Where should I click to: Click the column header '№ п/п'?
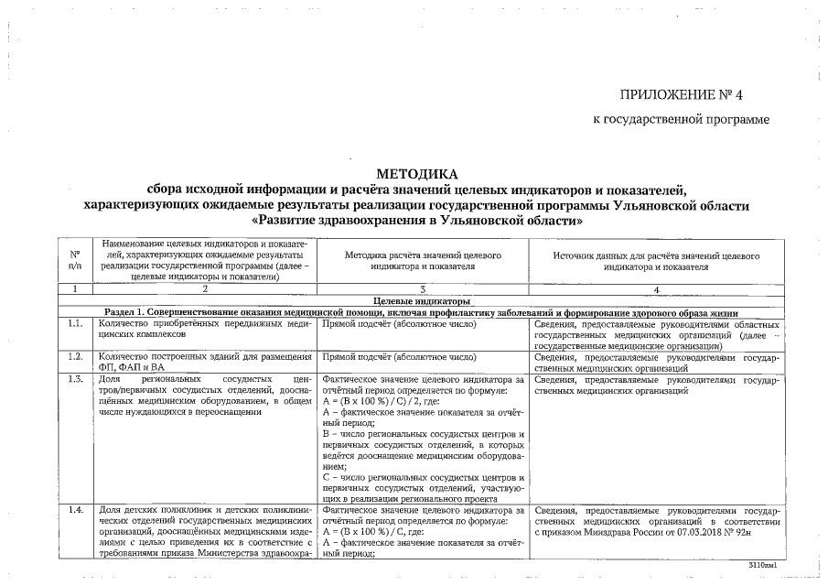(x=75, y=259)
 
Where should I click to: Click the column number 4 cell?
(x=656, y=289)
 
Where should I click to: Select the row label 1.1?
(x=75, y=324)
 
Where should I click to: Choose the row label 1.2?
(x=75, y=357)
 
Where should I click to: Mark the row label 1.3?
(x=75, y=379)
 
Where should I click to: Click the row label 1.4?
(x=75, y=510)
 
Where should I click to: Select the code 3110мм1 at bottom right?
(x=761, y=568)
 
